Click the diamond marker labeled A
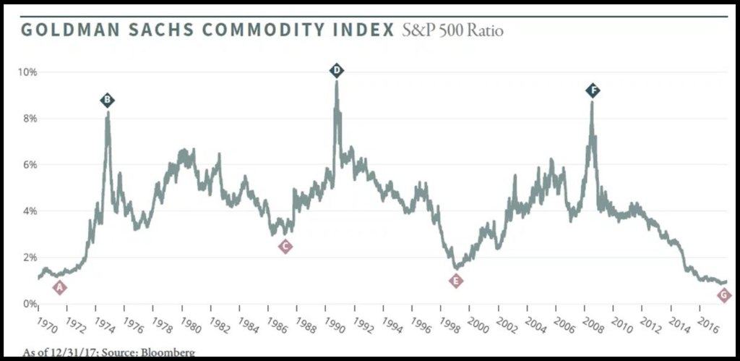click(x=60, y=288)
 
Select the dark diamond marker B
click(x=108, y=100)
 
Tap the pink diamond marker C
click(x=285, y=247)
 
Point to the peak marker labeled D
click(x=337, y=70)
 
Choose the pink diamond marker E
click(x=456, y=281)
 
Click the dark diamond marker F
click(x=593, y=90)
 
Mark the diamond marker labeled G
click(x=724, y=295)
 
